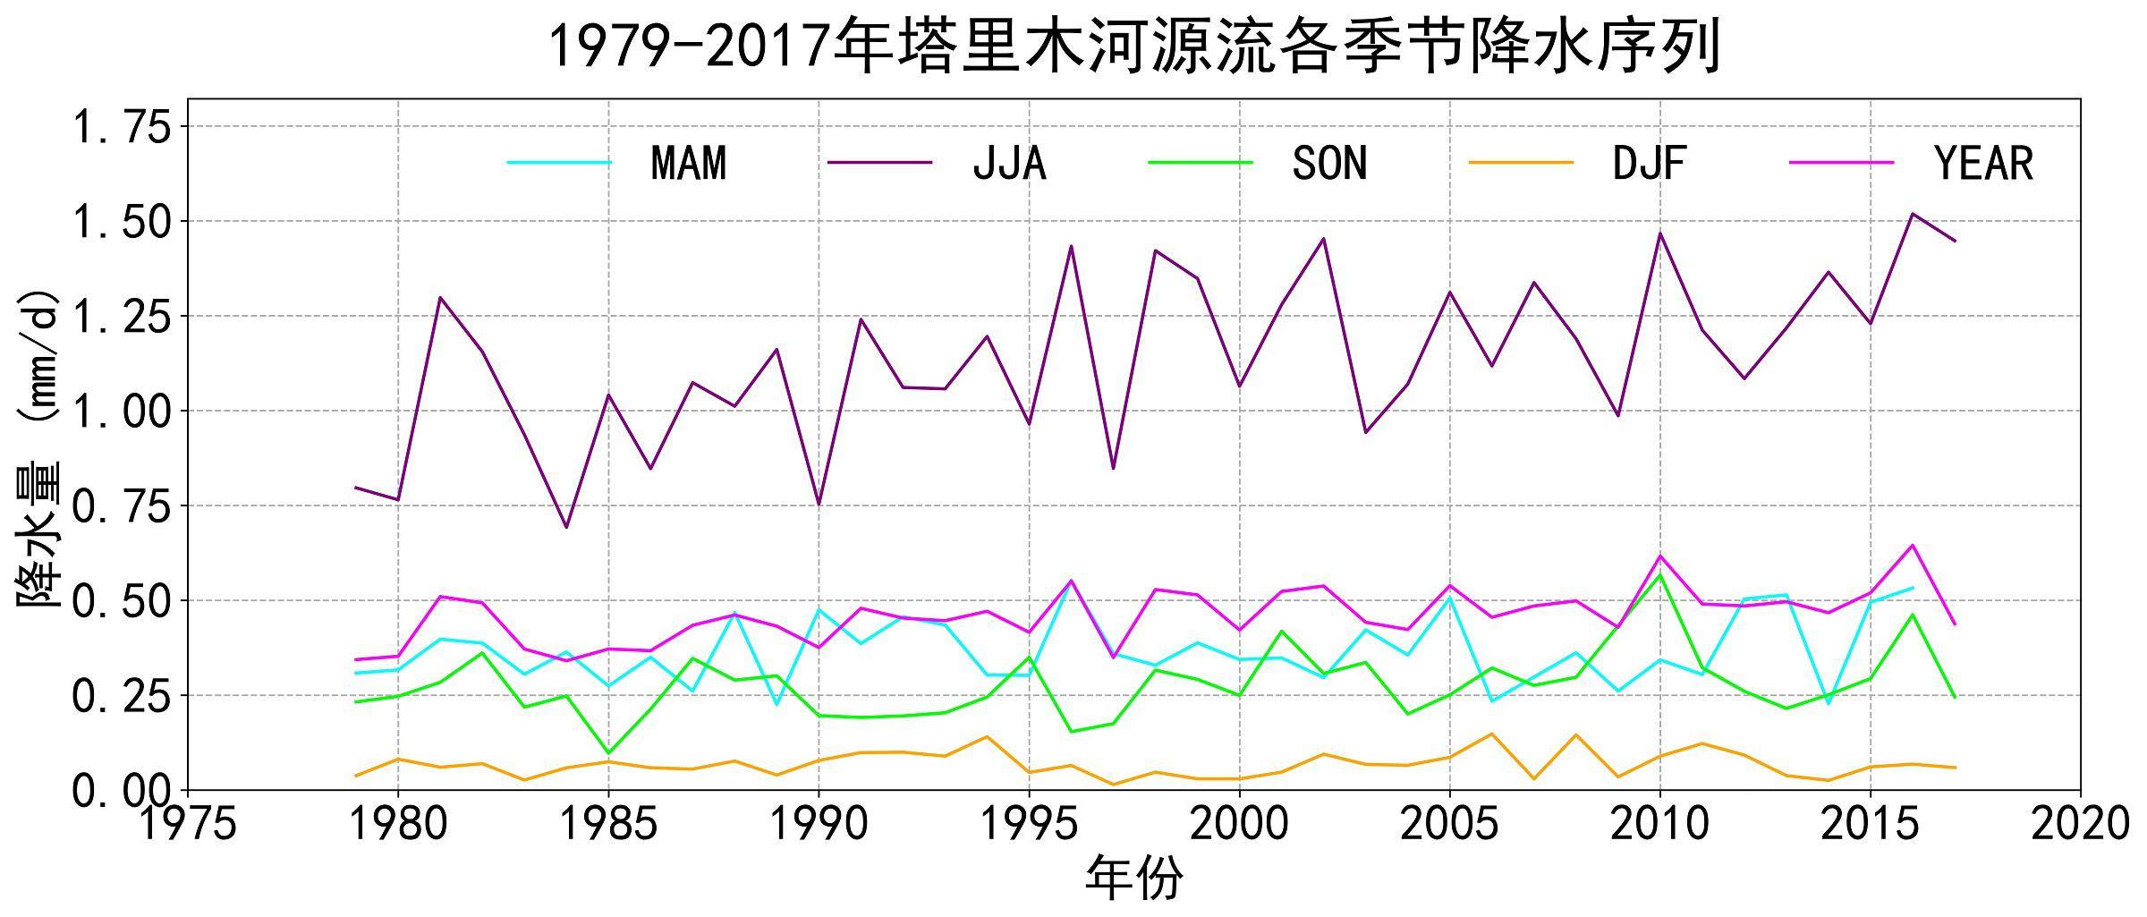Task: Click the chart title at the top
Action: [1133, 47]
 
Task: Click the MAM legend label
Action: [688, 164]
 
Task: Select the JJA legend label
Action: [1009, 164]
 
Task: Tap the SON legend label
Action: [1329, 164]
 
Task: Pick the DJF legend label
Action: [1649, 164]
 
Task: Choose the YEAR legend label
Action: [1983, 164]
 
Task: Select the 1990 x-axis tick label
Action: [819, 824]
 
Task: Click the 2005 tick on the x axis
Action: [1449, 824]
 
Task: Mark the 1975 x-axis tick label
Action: [188, 824]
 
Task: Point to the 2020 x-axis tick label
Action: [2080, 824]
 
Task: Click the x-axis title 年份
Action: [1133, 879]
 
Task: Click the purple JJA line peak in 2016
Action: [1912, 214]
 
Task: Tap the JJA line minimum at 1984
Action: [566, 527]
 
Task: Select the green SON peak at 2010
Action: [1660, 574]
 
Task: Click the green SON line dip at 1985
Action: [608, 752]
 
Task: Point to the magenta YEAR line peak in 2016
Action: [1912, 545]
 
